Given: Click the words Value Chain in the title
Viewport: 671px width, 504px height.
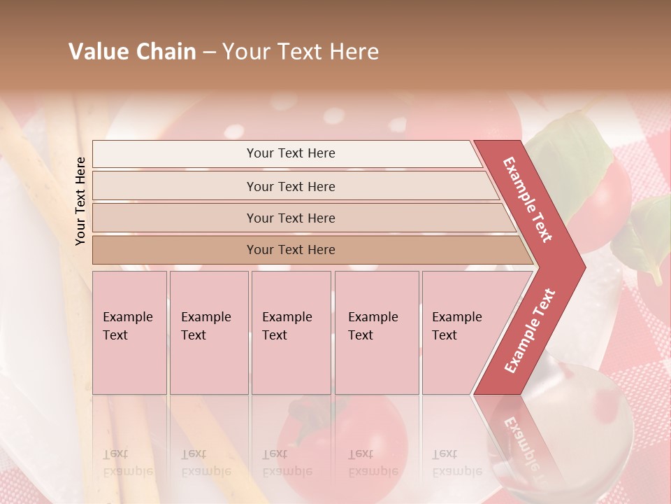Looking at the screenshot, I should (132, 52).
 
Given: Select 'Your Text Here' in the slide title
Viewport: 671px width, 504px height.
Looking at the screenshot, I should (301, 52).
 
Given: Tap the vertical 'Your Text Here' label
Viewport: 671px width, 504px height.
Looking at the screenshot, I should (81, 201).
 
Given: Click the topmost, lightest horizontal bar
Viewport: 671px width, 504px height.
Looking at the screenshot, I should (290, 153).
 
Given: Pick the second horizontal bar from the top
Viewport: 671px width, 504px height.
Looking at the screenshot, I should (290, 186).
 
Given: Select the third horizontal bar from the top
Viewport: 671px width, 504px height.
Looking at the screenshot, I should (290, 218).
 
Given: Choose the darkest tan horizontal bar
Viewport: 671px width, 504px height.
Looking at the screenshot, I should (290, 250).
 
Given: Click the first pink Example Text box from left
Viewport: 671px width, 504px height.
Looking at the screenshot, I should (129, 332).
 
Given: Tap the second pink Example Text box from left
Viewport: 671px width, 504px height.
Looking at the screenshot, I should (208, 332).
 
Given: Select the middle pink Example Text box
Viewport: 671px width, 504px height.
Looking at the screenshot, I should (291, 332).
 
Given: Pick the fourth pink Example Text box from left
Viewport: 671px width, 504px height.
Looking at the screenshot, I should (377, 332).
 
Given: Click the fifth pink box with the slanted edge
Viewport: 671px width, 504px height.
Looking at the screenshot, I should (461, 332).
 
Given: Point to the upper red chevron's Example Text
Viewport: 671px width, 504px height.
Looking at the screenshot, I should (528, 199).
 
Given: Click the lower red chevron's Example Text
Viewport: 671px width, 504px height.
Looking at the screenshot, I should (530, 331).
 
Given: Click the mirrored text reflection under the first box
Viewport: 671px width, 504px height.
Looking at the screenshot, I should (128, 462).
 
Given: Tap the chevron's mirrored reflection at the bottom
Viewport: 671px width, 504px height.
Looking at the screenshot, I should (517, 437).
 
